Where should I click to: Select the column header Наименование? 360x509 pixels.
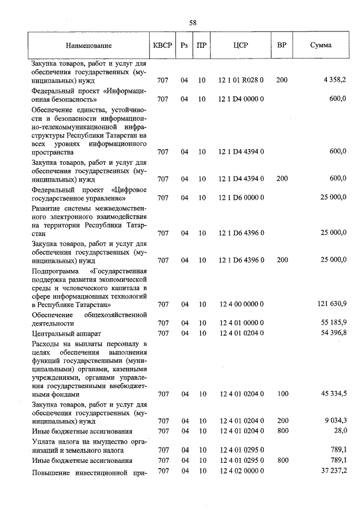[88, 46]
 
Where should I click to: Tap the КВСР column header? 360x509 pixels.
[163, 46]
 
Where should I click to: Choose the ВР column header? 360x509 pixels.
[282, 46]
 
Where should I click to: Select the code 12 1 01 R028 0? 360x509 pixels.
[241, 81]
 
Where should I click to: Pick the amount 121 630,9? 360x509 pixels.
[331, 304]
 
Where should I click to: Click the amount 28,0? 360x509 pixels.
[340, 431]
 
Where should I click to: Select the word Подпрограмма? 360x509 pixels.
[55, 271]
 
